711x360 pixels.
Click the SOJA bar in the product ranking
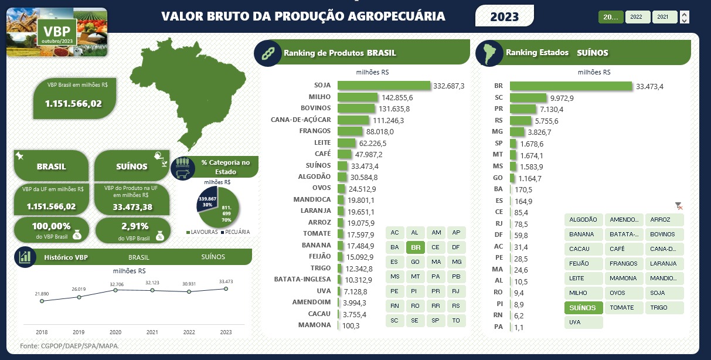click(x=384, y=86)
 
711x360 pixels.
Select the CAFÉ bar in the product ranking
click(x=353, y=154)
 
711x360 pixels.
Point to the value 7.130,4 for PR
click(x=552, y=109)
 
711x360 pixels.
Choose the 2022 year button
click(x=637, y=17)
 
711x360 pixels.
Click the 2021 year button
click(x=664, y=17)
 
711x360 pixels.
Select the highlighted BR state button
click(x=415, y=247)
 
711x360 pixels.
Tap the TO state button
click(x=455, y=321)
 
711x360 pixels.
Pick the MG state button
click(x=455, y=262)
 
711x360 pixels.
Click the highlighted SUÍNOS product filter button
click(x=583, y=308)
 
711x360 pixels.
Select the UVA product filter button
click(x=583, y=322)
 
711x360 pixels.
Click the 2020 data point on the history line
click(x=115, y=290)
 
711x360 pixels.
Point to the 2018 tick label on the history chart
click(x=42, y=332)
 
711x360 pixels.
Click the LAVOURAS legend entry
click(x=202, y=232)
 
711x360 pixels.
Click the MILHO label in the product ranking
click(x=319, y=97)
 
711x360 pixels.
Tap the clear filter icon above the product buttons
click(x=679, y=206)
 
